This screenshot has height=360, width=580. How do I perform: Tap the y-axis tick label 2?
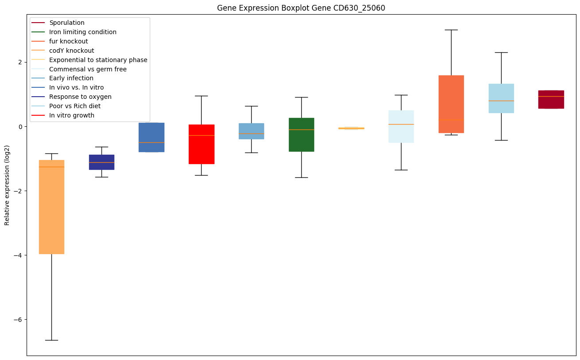[21, 62]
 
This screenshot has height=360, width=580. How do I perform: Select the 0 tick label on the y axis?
[21, 126]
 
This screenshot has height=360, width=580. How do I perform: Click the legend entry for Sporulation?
[67, 23]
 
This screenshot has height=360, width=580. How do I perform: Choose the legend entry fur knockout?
[69, 41]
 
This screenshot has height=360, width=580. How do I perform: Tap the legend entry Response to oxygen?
[80, 97]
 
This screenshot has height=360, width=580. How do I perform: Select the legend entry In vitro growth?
[72, 116]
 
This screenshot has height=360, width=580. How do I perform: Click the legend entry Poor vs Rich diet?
[75, 106]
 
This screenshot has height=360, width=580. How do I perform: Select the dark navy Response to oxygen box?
[101, 162]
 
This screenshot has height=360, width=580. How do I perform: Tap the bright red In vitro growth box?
[202, 144]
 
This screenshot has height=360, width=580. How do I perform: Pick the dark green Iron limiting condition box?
[301, 134]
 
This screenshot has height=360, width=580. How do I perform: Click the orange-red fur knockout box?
[451, 104]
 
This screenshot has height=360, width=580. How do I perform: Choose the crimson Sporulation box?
[551, 99]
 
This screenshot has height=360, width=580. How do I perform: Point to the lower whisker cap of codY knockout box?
[51, 340]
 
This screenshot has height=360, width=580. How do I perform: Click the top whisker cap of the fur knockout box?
[451, 30]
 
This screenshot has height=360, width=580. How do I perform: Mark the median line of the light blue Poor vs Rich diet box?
[501, 101]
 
